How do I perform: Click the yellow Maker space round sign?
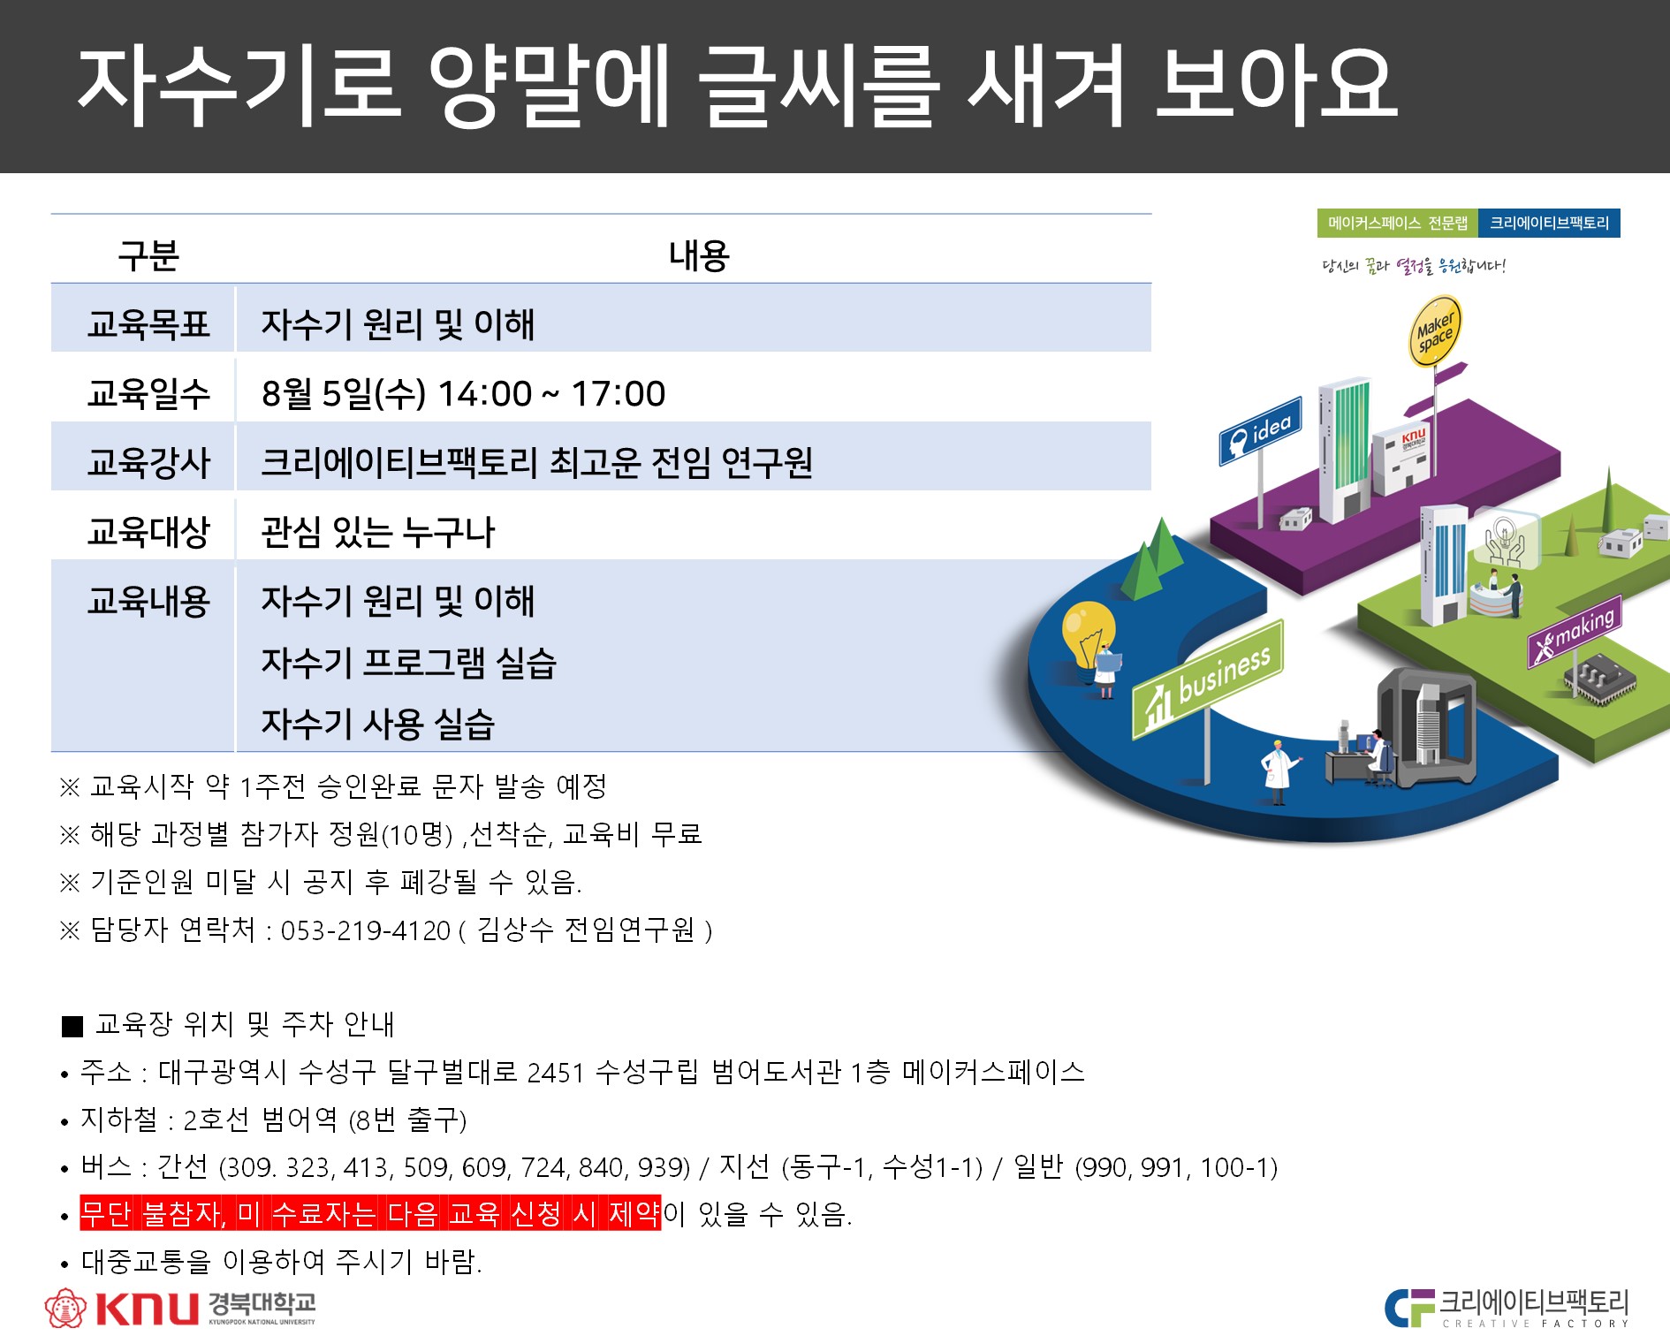(x=1433, y=331)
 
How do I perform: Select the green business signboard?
(x=1208, y=679)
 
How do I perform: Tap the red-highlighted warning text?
(x=370, y=1213)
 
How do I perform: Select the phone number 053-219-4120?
(x=366, y=930)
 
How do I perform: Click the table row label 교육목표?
(x=148, y=324)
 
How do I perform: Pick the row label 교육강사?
(x=148, y=462)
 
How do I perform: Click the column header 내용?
(x=699, y=256)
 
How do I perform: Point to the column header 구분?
(x=148, y=256)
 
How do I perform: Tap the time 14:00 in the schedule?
(x=485, y=394)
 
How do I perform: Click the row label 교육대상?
(x=148, y=531)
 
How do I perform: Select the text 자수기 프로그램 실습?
(x=408, y=663)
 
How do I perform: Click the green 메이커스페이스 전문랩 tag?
(x=1398, y=224)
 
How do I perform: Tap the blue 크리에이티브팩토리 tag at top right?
(x=1550, y=224)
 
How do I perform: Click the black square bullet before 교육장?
(x=72, y=1027)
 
